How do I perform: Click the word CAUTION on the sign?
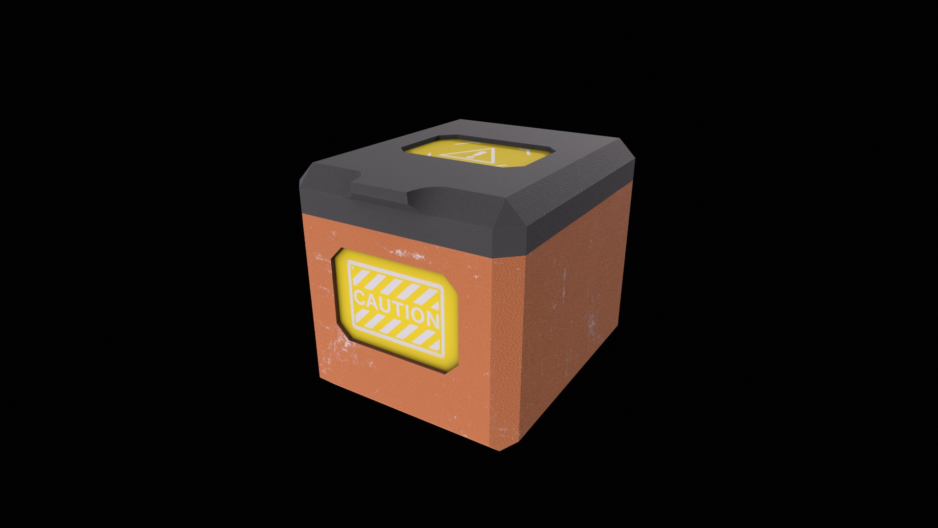pos(396,307)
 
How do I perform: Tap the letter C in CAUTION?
pos(360,298)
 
